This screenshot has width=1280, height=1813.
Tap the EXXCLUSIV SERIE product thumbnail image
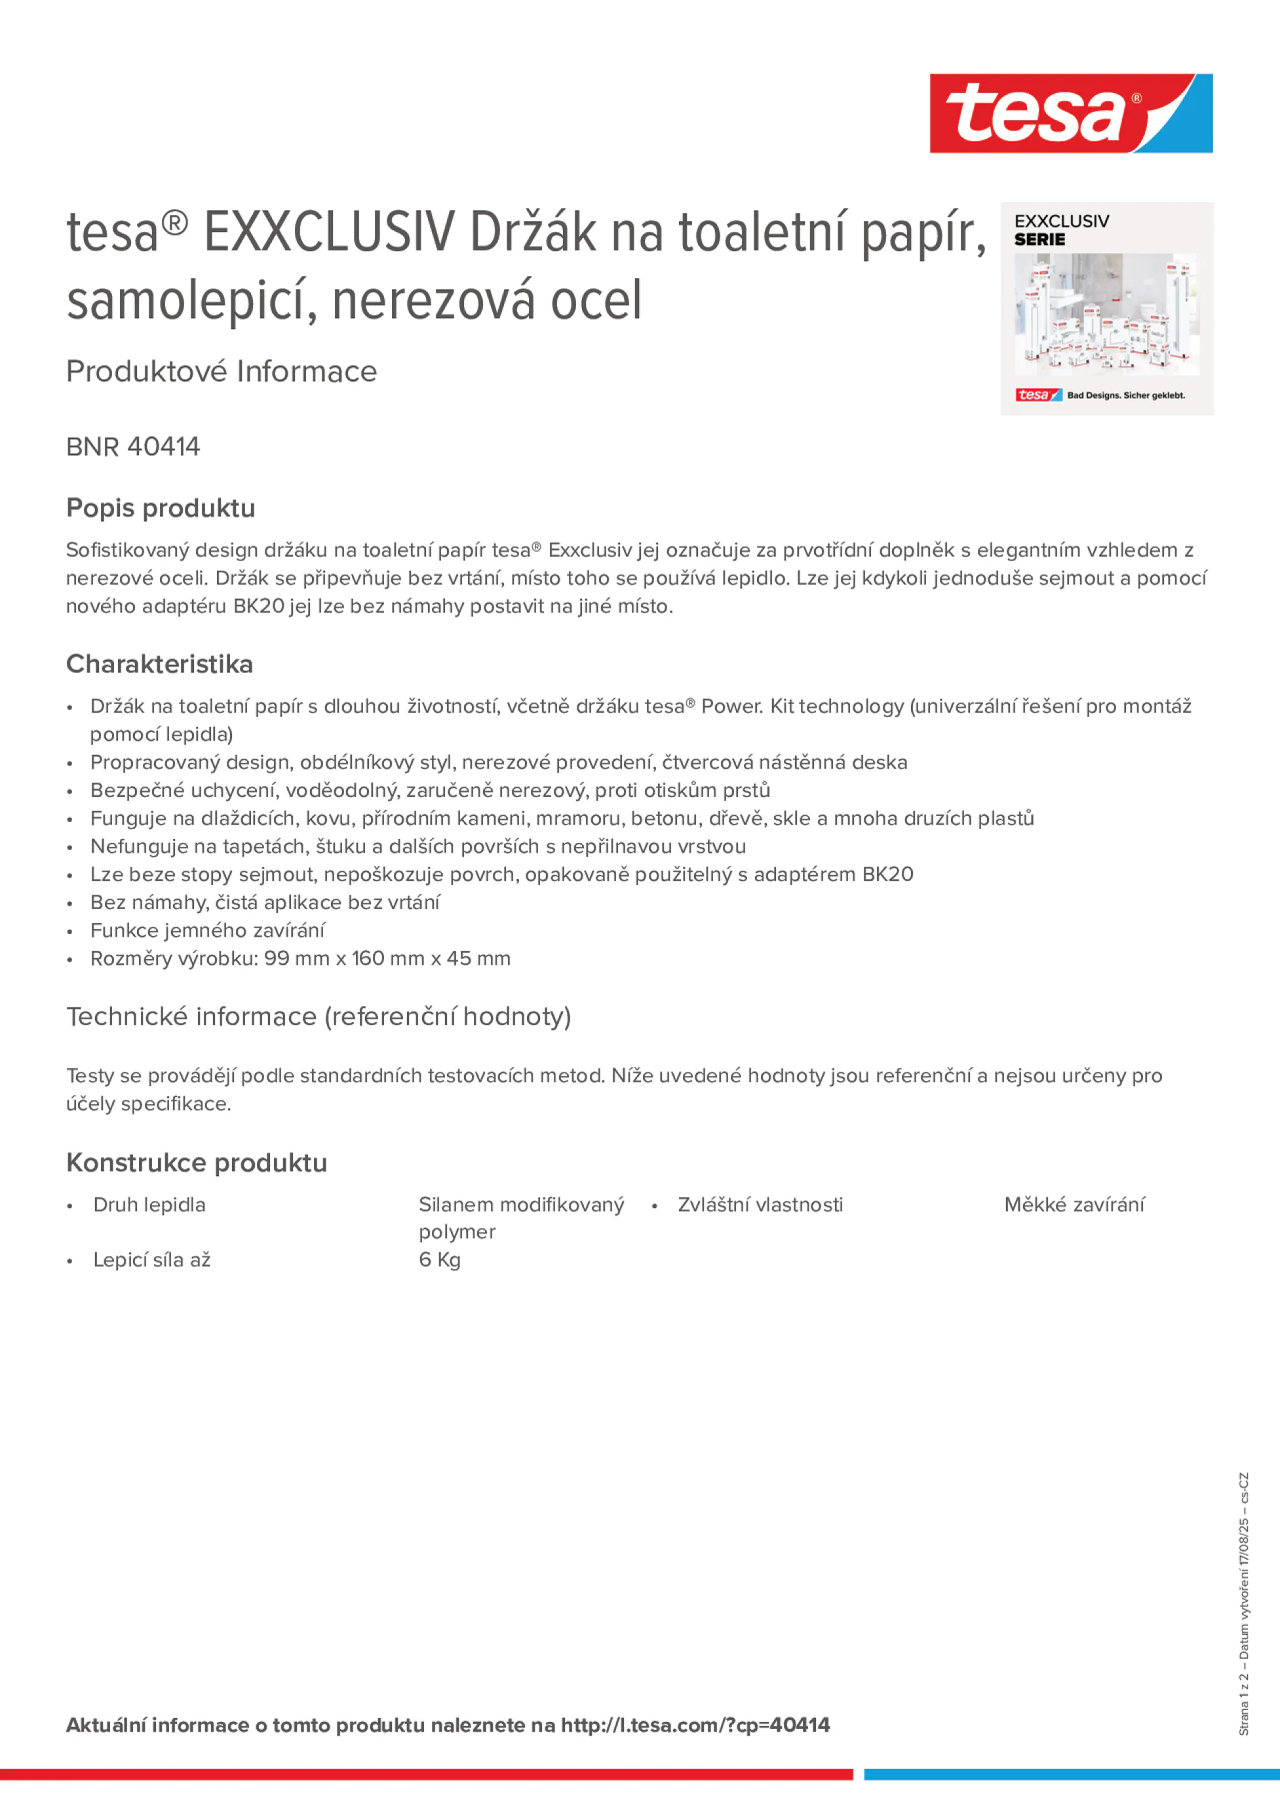pos(1106,309)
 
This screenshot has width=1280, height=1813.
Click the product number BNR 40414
pos(134,447)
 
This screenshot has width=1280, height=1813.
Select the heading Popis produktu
pos(160,508)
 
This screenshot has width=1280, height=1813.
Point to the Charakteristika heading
pos(159,664)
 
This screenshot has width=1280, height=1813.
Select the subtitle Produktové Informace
pos(221,371)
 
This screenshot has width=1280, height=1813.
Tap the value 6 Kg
pos(440,1260)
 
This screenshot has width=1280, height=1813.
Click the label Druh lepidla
pos(149,1205)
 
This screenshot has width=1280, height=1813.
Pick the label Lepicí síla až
pos(151,1260)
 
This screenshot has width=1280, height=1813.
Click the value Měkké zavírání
pos(1074,1205)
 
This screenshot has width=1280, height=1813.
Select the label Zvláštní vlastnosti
pos(760,1205)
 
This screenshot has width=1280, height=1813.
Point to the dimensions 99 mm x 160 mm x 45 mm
pos(387,958)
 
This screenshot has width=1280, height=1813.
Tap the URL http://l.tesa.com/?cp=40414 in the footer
pos(695,1725)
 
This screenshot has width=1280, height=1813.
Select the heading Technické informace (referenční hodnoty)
pos(318,1016)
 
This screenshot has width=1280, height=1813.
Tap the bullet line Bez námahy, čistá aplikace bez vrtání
pos(265,903)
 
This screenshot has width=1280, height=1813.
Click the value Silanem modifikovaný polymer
pos(521,1218)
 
